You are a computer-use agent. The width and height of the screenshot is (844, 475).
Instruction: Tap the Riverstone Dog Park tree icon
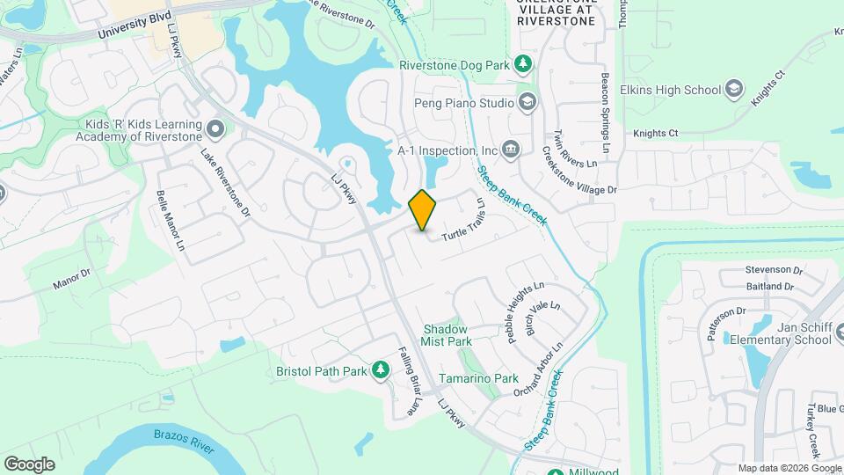(x=523, y=64)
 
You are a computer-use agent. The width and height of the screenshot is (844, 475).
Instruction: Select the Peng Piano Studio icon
(x=527, y=103)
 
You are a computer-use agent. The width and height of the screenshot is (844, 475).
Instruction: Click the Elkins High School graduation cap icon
(x=734, y=89)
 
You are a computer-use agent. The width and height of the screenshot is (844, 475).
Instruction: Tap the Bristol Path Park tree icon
(x=381, y=370)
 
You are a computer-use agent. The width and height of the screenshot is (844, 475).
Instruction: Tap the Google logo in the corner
(x=29, y=464)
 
